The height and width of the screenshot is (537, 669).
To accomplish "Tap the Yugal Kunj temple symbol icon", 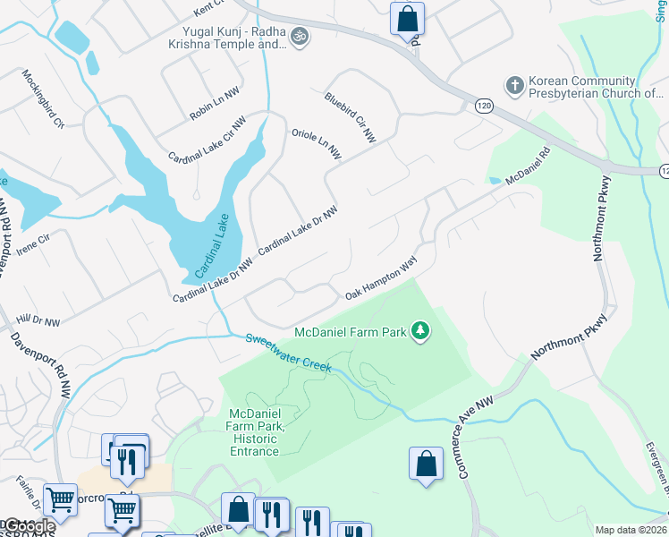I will [x=301, y=37].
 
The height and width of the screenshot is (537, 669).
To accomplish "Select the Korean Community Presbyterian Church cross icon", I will [x=514, y=86].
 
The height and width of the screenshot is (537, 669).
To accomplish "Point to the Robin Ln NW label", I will [x=215, y=105].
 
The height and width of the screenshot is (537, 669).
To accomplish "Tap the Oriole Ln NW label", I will [x=317, y=144].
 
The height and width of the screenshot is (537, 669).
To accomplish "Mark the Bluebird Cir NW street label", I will [x=350, y=117].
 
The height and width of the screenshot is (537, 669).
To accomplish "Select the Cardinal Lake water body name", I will [x=209, y=244].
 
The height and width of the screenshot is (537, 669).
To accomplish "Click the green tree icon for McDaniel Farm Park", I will [x=420, y=332].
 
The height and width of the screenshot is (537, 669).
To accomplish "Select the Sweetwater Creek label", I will [x=288, y=352].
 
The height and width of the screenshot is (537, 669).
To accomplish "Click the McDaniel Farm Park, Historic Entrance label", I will [x=256, y=431].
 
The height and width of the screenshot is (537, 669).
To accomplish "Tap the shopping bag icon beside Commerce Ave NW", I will [x=426, y=465].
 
